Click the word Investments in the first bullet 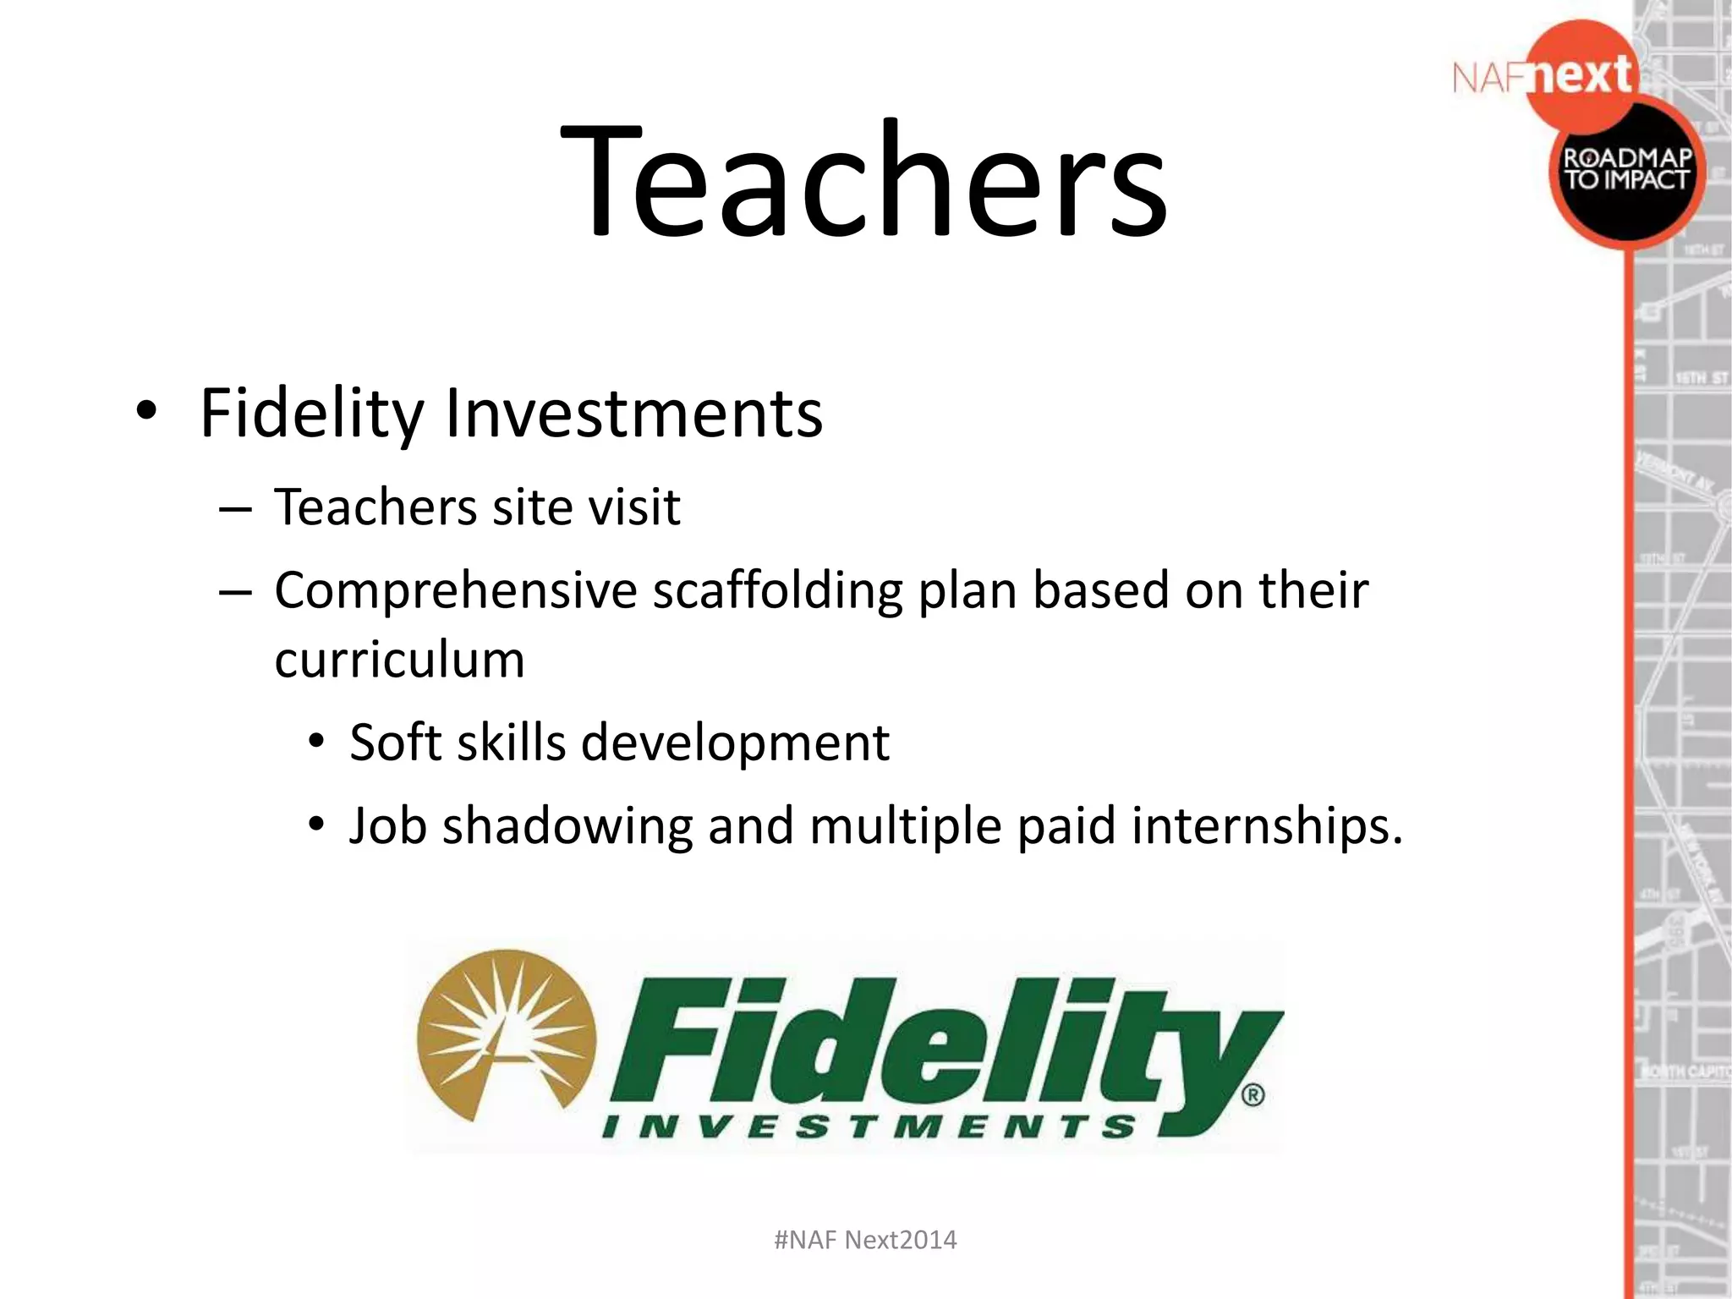pos(633,414)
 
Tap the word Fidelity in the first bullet pos(311,414)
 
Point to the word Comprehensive pos(455,591)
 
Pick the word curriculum pos(399,660)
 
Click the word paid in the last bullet pos(1066,826)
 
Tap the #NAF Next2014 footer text pos(865,1240)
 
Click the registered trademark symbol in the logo pos(1252,1096)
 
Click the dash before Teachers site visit pos(234,509)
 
